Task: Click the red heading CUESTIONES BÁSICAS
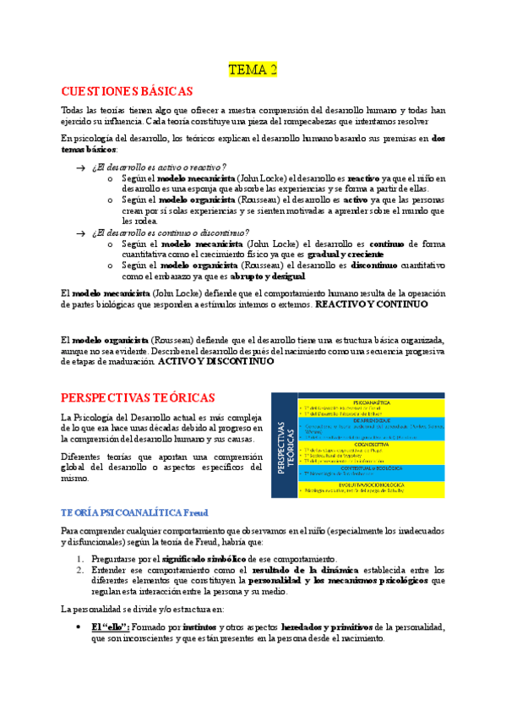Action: tap(128, 91)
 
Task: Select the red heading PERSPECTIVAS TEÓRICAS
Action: tap(139, 397)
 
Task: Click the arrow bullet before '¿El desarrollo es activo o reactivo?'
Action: tap(79, 167)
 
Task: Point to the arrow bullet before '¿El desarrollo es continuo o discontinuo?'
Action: tap(79, 233)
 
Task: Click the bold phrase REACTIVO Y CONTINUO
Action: tap(371, 304)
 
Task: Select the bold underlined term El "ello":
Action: tap(110, 627)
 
